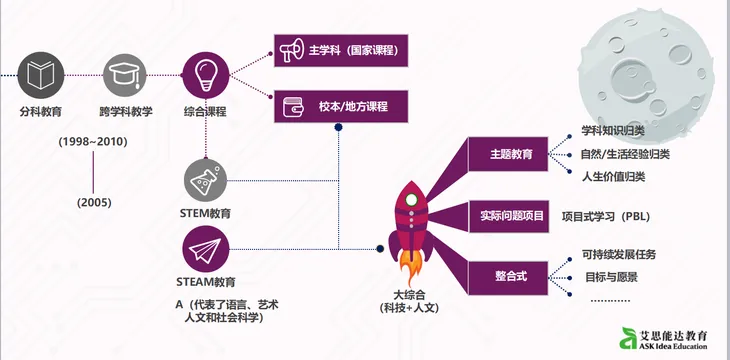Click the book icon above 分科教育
(41, 73)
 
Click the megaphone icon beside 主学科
(291, 49)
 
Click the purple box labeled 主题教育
(510, 155)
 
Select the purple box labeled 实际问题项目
(510, 214)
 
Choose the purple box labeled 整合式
(510, 272)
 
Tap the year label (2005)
(93, 202)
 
